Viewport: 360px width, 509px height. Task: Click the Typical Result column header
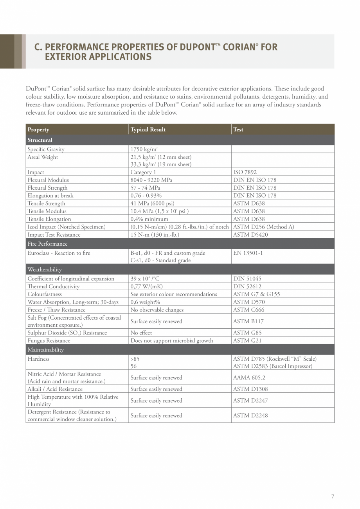click(x=148, y=129)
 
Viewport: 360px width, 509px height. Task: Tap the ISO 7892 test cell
click(x=245, y=172)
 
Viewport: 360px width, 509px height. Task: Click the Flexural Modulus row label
click(x=48, y=180)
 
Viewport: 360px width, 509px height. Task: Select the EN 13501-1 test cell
click(x=248, y=253)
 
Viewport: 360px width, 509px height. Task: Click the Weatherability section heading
click(x=45, y=270)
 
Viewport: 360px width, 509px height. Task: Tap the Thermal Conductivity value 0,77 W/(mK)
click(x=147, y=286)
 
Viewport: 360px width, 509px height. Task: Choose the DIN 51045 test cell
click(x=247, y=279)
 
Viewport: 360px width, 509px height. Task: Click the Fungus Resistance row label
click(x=49, y=340)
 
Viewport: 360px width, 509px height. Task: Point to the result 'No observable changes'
click(x=157, y=310)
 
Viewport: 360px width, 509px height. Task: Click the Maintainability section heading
click(x=45, y=350)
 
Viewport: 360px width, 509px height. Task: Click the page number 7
click(x=333, y=497)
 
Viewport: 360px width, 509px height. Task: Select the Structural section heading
click(x=40, y=140)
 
